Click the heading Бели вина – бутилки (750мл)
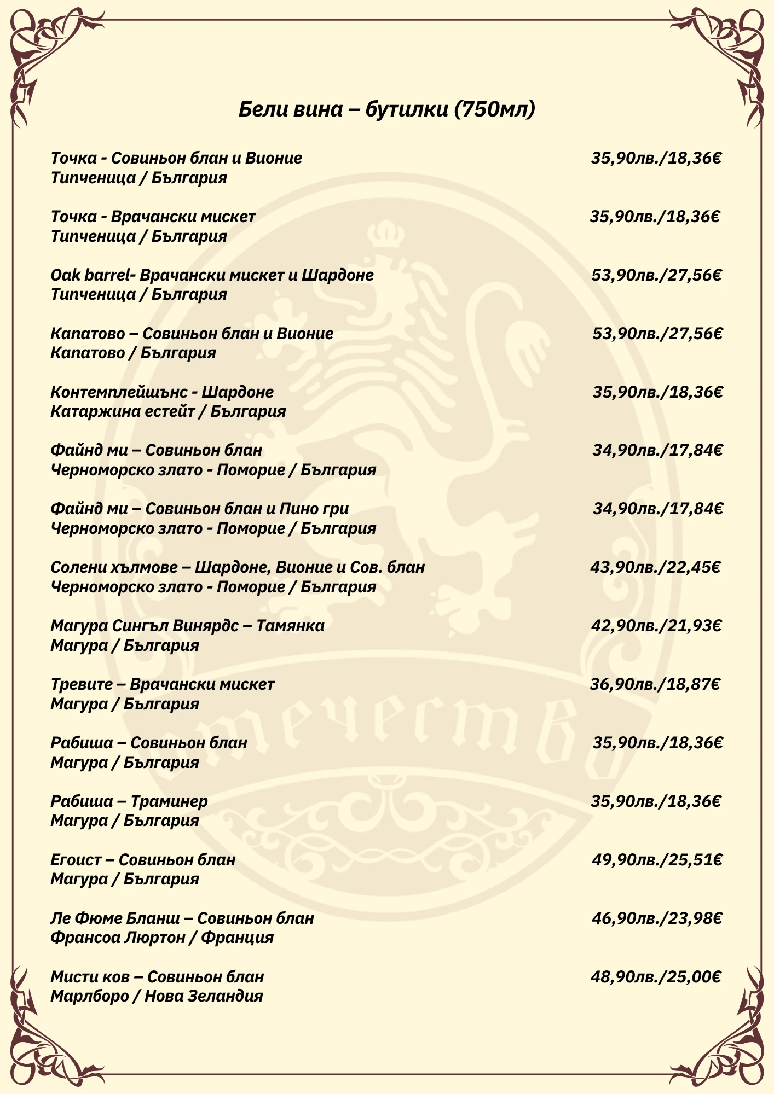[386, 109]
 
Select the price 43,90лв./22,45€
[655, 567]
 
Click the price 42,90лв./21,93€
[656, 625]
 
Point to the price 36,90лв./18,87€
[655, 684]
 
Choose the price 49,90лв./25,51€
[657, 859]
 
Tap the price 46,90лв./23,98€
[657, 918]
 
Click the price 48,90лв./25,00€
[656, 976]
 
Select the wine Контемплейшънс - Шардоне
[162, 392]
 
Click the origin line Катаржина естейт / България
[168, 411]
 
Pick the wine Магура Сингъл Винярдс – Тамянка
[187, 625]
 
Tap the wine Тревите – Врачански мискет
[163, 684]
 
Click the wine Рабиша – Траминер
[129, 801]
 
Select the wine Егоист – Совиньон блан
[143, 859]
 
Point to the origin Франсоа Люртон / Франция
[162, 938]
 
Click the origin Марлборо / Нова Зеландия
[157, 996]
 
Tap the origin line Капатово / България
[133, 353]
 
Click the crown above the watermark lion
[385, 234]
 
